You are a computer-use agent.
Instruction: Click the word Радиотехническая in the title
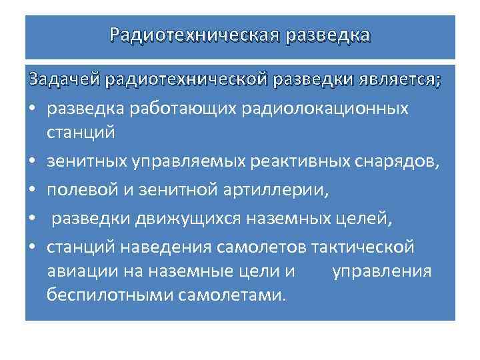pyautogui.click(x=193, y=34)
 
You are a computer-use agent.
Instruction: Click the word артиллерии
pyautogui.click(x=275, y=189)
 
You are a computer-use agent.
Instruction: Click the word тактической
pyautogui.click(x=363, y=247)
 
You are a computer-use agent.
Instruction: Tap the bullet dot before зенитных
pyautogui.click(x=31, y=161)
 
